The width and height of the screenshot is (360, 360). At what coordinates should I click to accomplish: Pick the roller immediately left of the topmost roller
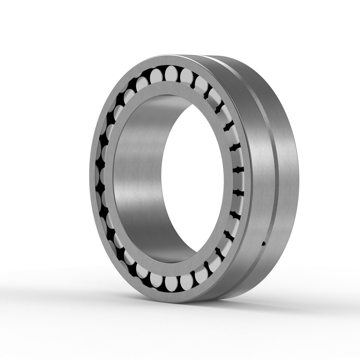[x=156, y=74]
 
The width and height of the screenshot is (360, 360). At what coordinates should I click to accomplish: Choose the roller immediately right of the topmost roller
[x=186, y=74]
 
